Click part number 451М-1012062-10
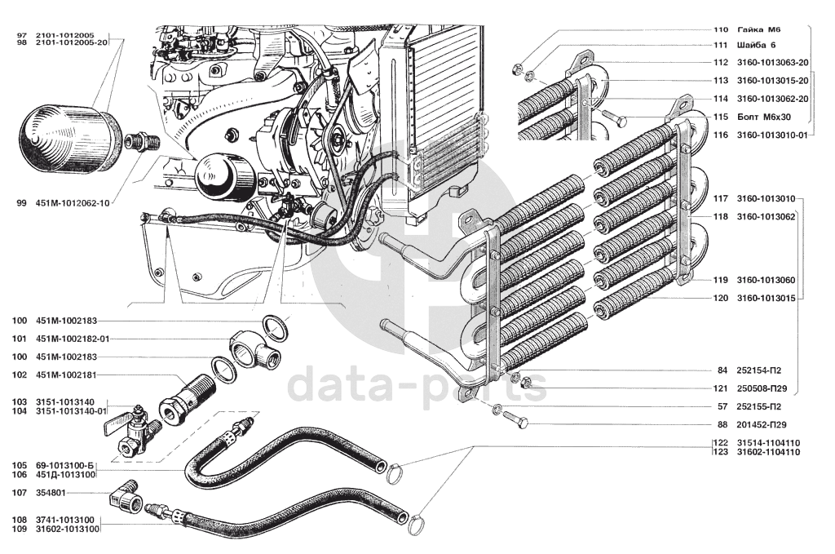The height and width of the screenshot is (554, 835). [x=73, y=204]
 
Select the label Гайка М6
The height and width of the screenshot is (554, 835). [x=758, y=29]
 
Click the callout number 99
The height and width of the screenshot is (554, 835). [x=21, y=204]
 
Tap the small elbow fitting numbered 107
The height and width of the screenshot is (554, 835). [x=126, y=492]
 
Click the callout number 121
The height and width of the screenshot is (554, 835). [x=722, y=388]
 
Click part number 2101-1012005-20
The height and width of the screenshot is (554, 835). [x=73, y=42]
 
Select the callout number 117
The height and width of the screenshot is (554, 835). [x=722, y=199]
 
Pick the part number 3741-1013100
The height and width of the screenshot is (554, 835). [x=64, y=519]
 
